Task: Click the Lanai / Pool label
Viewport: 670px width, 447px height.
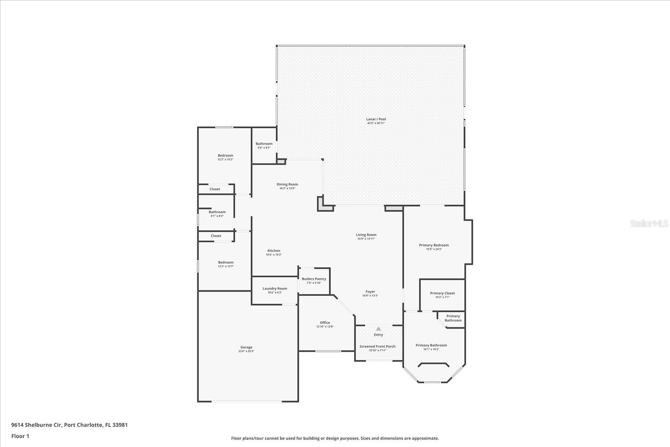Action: click(x=376, y=119)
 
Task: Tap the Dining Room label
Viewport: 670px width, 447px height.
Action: click(x=287, y=184)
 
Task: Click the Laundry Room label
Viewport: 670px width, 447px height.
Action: click(x=275, y=288)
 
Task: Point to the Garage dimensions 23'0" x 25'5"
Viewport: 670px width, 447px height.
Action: click(x=246, y=351)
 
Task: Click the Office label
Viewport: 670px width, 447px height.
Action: click(x=325, y=323)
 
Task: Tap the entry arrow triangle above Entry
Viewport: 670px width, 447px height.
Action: click(x=378, y=329)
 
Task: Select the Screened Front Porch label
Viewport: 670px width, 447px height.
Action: click(x=377, y=346)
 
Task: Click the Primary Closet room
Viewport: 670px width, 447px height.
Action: click(x=442, y=295)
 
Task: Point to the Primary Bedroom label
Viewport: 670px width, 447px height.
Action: click(x=434, y=245)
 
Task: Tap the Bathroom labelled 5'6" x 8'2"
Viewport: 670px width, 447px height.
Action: click(x=264, y=145)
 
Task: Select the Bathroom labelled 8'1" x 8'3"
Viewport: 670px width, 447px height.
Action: click(x=217, y=214)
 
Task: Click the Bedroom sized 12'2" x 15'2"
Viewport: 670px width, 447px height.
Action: click(x=225, y=157)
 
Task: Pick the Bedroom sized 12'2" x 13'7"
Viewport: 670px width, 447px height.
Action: click(x=225, y=264)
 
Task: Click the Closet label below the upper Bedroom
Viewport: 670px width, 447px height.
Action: click(x=215, y=189)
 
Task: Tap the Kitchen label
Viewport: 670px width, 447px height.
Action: click(x=274, y=251)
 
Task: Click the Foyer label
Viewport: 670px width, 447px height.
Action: click(x=370, y=292)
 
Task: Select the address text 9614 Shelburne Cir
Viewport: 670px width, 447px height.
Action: click(x=37, y=425)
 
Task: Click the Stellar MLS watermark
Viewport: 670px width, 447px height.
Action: click(x=649, y=224)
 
